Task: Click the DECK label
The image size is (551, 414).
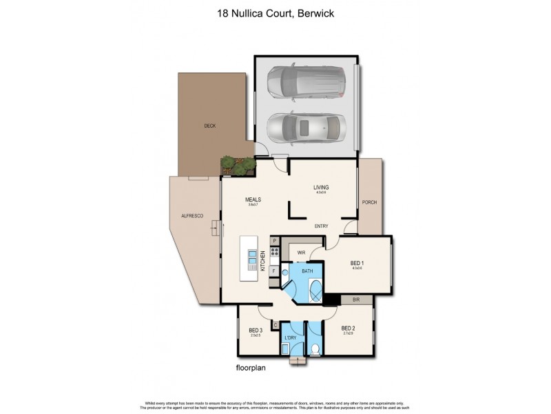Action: tap(210, 126)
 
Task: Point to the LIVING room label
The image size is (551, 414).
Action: tap(321, 187)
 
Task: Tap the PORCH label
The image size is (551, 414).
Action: tap(370, 202)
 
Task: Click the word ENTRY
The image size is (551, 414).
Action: tap(321, 226)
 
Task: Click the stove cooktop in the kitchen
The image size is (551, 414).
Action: tap(274, 256)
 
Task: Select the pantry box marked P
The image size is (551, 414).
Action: tap(275, 241)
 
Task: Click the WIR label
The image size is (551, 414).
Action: tap(301, 253)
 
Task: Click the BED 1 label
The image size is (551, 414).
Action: tap(357, 264)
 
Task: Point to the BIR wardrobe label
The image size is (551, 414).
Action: tap(356, 300)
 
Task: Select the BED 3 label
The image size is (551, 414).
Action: tap(256, 331)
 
